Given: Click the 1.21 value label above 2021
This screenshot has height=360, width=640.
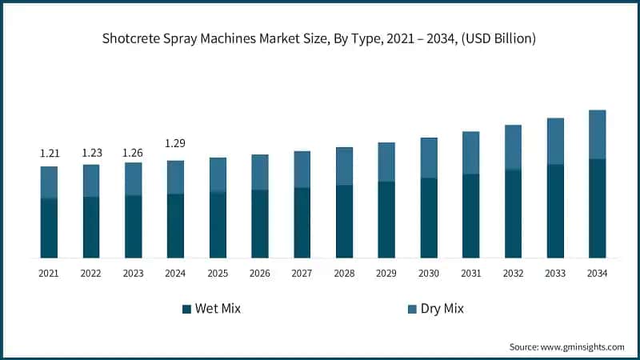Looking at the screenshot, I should [49, 153].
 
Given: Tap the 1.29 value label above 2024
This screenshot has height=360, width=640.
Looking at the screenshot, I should [175, 143].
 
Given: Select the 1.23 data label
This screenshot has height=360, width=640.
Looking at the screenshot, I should [91, 153].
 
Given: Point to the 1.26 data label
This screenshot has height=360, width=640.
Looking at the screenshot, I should [133, 153].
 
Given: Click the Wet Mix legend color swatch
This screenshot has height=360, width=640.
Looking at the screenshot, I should [186, 309].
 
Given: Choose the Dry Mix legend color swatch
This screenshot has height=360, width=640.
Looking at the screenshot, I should [412, 309].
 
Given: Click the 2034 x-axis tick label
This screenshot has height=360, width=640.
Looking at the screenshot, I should [597, 274].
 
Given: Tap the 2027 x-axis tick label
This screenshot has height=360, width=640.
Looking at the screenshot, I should [302, 274].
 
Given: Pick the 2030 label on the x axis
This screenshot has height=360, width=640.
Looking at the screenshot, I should [429, 274].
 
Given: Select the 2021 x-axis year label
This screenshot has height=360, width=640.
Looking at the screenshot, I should [49, 274].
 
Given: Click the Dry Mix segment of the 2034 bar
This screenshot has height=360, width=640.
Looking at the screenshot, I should [597, 134].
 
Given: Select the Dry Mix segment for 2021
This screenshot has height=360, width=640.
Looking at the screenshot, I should [49, 182].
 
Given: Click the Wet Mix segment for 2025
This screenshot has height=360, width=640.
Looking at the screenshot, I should [218, 225].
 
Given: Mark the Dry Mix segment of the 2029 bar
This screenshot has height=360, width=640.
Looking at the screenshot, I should [386, 162].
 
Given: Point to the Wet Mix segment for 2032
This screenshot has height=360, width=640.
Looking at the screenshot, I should [513, 214].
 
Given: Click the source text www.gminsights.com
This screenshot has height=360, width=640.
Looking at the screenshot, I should [582, 346].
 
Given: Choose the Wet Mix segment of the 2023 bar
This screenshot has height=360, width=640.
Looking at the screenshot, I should [133, 226].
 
